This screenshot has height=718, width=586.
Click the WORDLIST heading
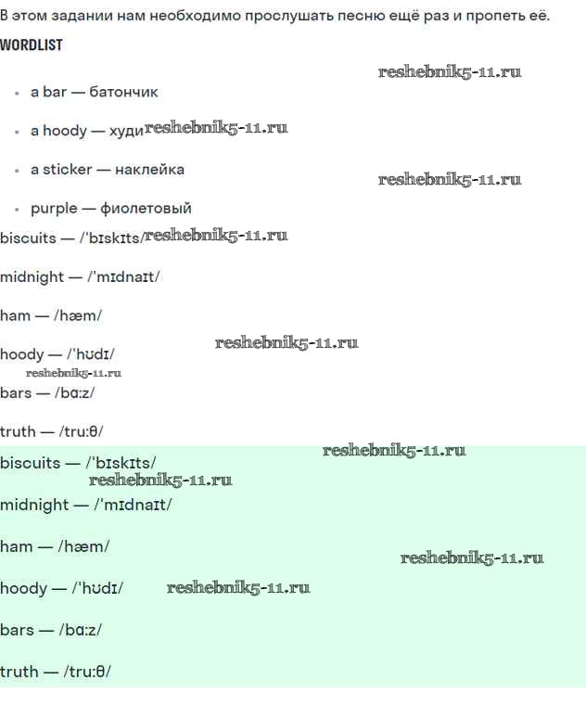click(x=32, y=45)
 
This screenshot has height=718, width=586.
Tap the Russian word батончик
click(x=123, y=92)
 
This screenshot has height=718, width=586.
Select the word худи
click(x=126, y=132)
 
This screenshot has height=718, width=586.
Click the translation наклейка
click(x=149, y=170)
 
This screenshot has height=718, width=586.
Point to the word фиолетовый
click(x=146, y=209)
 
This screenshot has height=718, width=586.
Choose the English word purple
click(x=54, y=210)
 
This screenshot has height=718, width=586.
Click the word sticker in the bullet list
click(x=68, y=170)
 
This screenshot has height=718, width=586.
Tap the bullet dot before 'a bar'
click(x=17, y=93)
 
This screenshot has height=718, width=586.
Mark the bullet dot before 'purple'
click(x=17, y=210)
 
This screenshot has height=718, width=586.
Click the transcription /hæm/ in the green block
click(x=83, y=546)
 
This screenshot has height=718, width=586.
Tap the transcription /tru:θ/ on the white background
click(x=81, y=431)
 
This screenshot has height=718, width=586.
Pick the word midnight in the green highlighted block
click(x=34, y=505)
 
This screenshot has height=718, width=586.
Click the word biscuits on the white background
click(x=28, y=238)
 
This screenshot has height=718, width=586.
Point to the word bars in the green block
click(x=17, y=630)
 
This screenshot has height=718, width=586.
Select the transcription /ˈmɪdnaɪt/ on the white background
click(x=123, y=276)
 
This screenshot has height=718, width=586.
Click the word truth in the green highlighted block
click(x=19, y=672)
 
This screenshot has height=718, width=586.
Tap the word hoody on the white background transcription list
click(x=22, y=355)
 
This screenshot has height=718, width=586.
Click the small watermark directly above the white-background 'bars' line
click(x=73, y=373)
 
